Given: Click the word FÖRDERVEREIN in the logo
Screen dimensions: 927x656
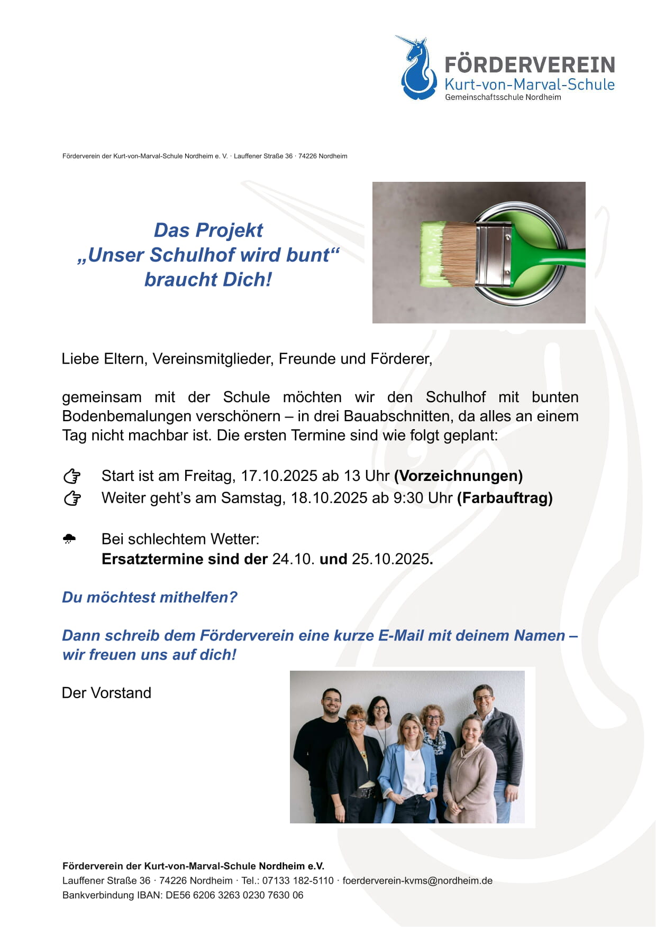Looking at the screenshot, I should pos(530,65).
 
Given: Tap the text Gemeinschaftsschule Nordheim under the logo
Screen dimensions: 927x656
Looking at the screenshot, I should pos(503,97).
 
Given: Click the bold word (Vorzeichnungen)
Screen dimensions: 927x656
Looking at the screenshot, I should pos(458,476).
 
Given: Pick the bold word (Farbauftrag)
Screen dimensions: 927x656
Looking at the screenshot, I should pos(505,498).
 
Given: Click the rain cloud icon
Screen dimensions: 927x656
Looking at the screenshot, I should pos(69,539).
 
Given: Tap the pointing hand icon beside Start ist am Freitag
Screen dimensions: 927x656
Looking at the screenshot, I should pos(72,476).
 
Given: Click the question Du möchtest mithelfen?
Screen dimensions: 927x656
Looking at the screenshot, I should pos(150,597).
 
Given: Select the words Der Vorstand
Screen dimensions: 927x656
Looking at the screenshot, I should pos(106,693).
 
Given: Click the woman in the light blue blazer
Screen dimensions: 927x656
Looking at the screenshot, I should pos(408,766).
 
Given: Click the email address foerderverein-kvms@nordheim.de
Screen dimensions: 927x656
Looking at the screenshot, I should pos(417,880).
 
